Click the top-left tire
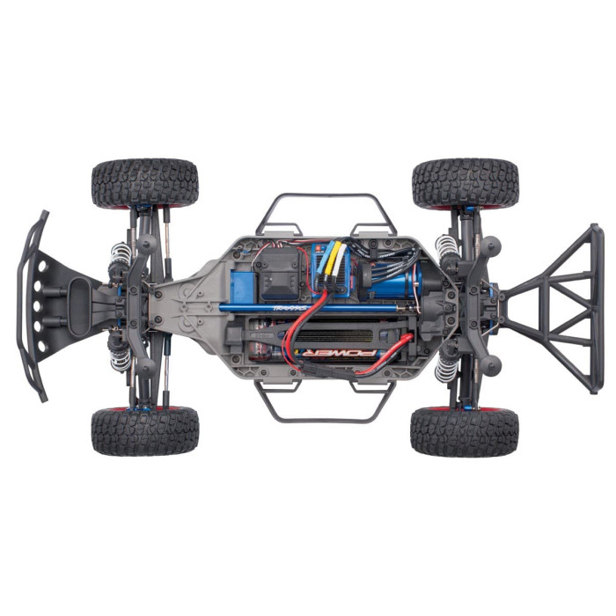point(145,183)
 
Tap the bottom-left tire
point(145,431)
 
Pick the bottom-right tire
point(465,431)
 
